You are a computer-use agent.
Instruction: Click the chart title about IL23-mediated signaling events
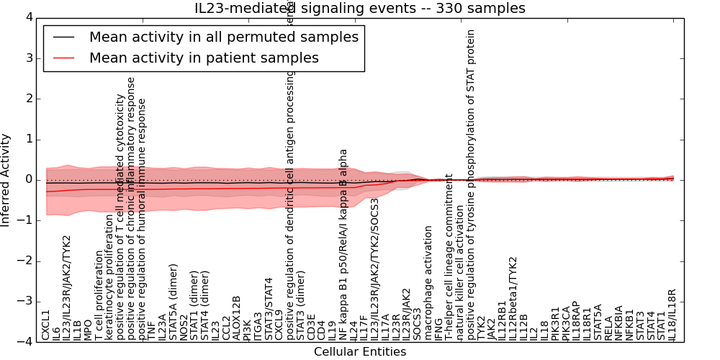point(360,9)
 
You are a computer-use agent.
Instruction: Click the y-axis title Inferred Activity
point(6,180)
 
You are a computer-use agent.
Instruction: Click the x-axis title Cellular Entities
point(360,352)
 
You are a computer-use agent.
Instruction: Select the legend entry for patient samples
point(204,58)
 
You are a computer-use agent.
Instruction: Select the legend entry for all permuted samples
point(223,37)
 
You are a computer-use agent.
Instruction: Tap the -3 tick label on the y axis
point(24,302)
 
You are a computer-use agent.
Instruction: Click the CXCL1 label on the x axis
point(45,325)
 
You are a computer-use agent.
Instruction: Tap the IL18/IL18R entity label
point(672,315)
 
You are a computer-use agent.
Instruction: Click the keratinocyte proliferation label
point(109,281)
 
